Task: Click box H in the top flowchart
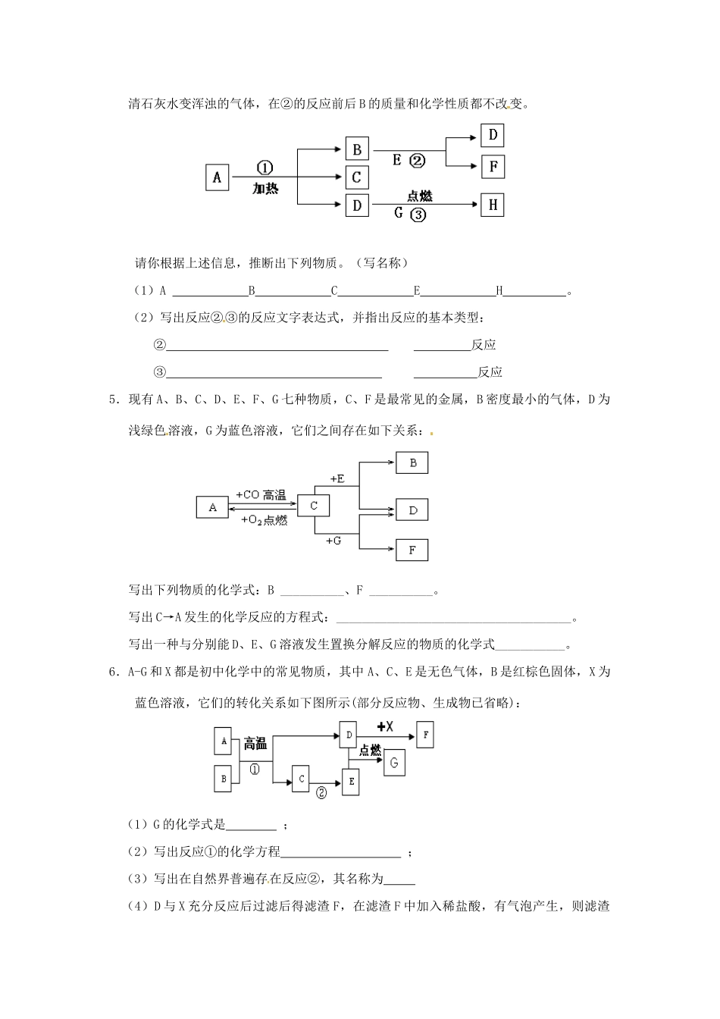493,205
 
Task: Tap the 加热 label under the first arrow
265,189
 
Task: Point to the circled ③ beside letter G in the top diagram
418,215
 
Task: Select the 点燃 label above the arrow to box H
419,196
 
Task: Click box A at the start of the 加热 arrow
217,177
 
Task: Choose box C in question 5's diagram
314,506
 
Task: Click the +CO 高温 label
261,495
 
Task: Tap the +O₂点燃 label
264,520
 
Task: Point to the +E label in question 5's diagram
337,478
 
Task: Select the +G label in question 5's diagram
333,541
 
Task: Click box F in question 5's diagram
412,550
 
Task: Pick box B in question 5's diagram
412,462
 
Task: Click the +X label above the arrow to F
385,726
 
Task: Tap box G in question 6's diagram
394,762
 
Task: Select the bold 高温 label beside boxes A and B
255,745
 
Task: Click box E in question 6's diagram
350,782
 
